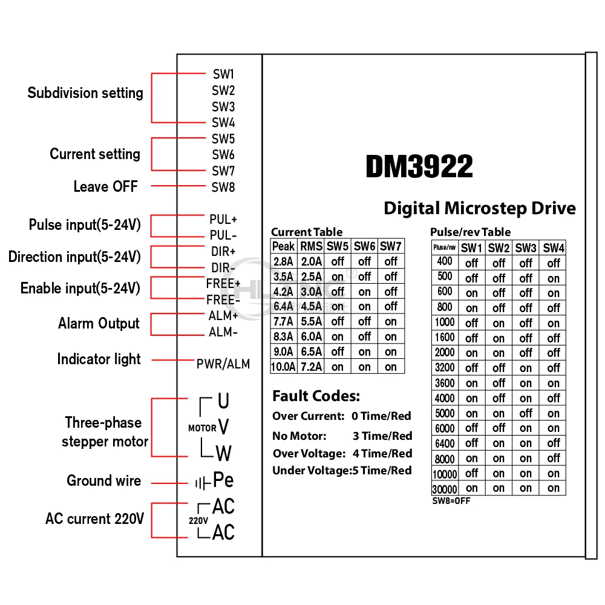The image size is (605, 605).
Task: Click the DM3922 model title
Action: [419, 166]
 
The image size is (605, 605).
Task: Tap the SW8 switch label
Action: [223, 187]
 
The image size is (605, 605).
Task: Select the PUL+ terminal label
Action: [223, 219]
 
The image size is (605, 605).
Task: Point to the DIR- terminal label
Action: [223, 267]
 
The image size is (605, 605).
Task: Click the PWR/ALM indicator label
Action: [223, 364]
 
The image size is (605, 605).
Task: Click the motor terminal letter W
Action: [223, 453]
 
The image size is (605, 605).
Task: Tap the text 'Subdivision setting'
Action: [85, 93]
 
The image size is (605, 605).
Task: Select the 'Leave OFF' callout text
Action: [105, 186]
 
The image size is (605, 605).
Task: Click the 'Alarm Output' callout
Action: [99, 324]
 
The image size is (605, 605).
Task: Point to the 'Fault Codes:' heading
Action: [316, 396]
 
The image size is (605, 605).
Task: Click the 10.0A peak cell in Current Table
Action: [283, 367]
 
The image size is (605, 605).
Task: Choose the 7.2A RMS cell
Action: [311, 367]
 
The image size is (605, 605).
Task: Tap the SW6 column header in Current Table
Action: [364, 246]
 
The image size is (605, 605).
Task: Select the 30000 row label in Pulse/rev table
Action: [444, 489]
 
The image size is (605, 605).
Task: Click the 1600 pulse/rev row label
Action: [444, 338]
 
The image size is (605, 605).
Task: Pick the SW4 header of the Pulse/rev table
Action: [554, 248]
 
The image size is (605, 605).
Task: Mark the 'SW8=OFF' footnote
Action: [451, 501]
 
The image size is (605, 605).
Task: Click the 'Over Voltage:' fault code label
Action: [309, 454]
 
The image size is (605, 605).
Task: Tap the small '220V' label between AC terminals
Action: [198, 520]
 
